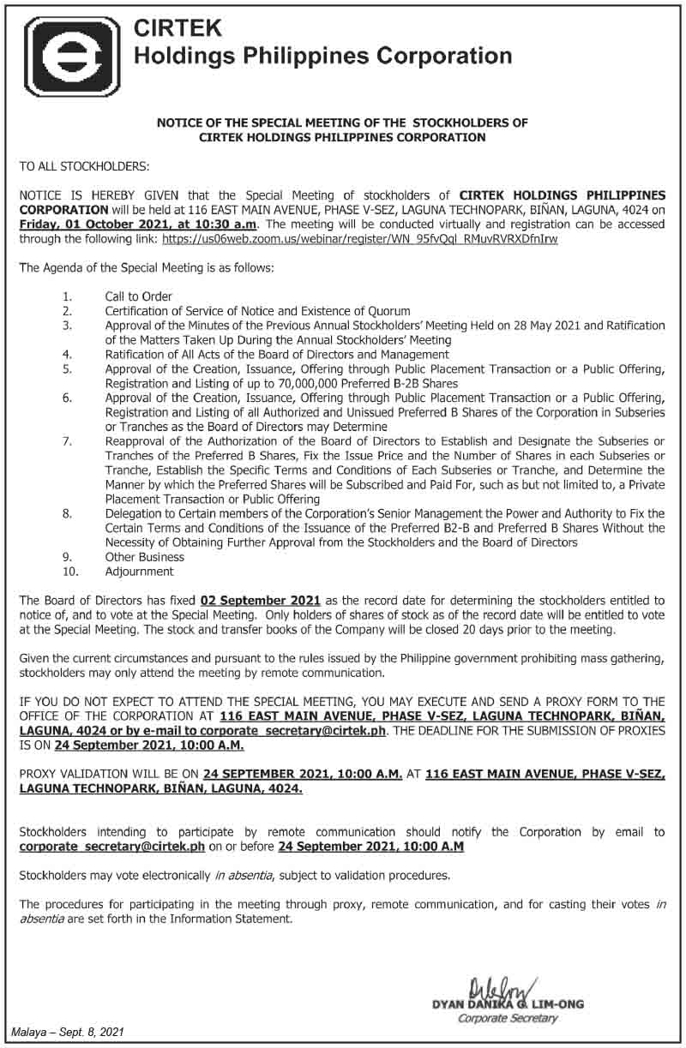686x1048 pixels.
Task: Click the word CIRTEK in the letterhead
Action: tap(178, 29)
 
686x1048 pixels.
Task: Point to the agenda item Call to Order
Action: tap(139, 296)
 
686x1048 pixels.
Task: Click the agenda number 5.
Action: tap(66, 369)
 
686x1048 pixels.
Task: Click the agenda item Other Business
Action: tap(145, 557)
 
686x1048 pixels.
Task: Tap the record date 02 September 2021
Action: tap(261, 601)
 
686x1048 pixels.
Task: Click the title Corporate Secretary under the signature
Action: tap(508, 1019)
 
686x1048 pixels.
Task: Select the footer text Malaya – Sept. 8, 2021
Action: tap(67, 1035)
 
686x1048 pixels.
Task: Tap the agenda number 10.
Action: tap(69, 572)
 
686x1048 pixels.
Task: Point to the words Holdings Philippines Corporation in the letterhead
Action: tap(323, 57)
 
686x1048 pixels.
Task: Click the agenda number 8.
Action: tap(66, 513)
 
